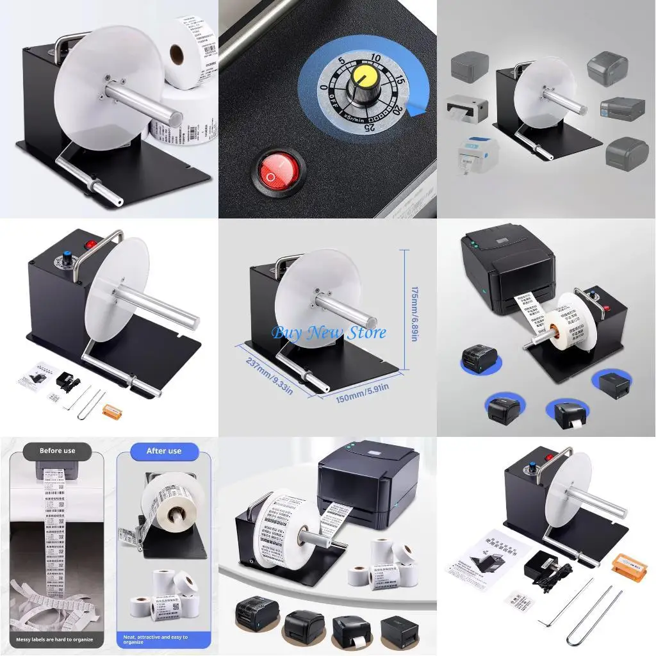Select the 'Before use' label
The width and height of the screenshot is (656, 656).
point(57,451)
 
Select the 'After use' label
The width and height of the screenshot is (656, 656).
point(164,451)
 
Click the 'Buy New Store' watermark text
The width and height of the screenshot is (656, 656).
point(329,332)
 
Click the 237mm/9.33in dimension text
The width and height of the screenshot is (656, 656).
point(270,371)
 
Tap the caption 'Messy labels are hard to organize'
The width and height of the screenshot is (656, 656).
point(58,639)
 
